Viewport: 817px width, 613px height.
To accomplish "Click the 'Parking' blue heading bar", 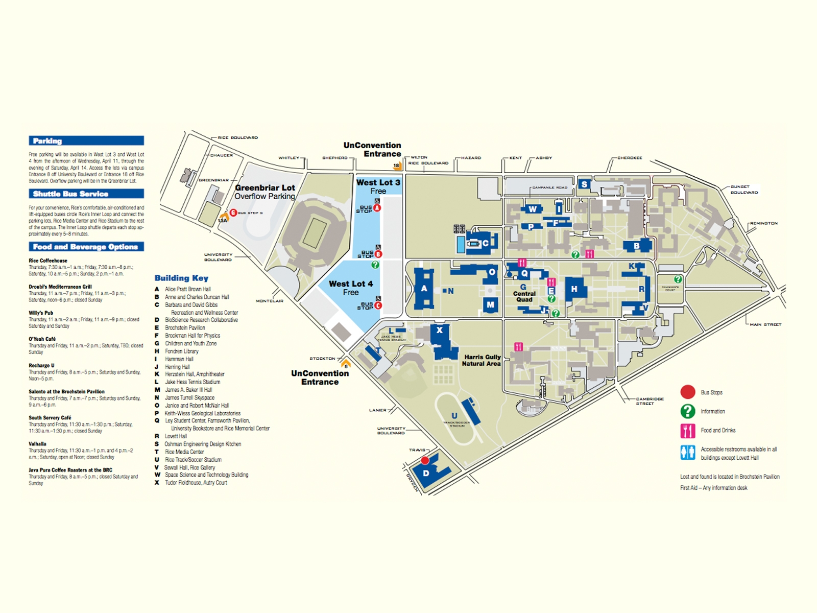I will (x=86, y=141).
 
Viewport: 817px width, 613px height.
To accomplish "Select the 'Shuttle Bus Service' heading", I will (x=86, y=194).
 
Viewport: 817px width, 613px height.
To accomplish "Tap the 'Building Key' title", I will (x=181, y=278).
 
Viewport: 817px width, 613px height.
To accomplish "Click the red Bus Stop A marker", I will (x=377, y=208).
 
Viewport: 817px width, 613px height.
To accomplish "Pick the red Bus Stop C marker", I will (x=378, y=305).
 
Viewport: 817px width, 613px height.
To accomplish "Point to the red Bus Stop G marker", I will (x=233, y=213).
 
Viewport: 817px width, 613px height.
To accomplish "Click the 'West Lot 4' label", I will (x=351, y=284).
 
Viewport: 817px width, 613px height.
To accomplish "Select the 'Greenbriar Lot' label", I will (x=265, y=188).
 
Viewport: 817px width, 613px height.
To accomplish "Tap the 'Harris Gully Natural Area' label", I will (x=482, y=360).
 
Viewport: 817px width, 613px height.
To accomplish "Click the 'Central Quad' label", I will (x=524, y=296).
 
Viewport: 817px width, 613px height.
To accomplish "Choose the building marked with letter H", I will (x=574, y=290).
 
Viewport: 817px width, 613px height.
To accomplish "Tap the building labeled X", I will (x=440, y=331).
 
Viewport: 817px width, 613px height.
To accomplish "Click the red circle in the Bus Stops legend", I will (x=688, y=392).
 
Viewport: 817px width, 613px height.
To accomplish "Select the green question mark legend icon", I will (x=688, y=411).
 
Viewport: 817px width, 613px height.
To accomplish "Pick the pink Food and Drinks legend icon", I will (x=688, y=431).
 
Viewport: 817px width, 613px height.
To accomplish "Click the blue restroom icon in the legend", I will (x=688, y=453).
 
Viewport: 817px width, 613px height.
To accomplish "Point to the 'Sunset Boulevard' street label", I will (x=743, y=190).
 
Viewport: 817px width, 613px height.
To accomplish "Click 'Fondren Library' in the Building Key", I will (x=181, y=351).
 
